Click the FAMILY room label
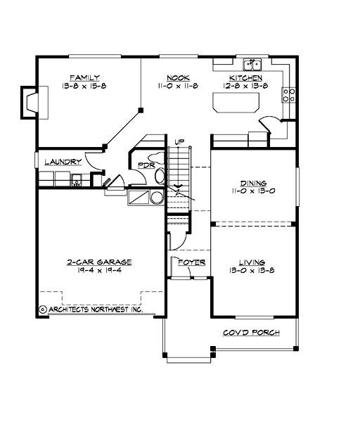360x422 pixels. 84,77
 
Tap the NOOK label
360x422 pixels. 176,77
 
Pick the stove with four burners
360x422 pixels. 288,95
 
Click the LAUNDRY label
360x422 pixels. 63,162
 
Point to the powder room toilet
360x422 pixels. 160,175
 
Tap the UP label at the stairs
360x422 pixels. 179,142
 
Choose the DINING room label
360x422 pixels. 252,182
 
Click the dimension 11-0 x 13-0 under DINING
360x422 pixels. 252,191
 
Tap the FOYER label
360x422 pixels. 191,262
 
